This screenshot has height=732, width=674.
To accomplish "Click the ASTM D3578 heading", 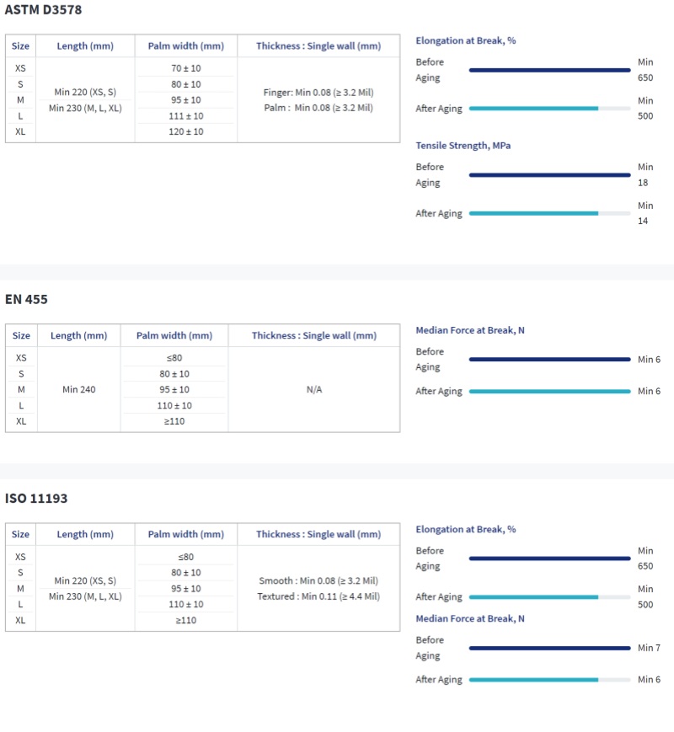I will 44,10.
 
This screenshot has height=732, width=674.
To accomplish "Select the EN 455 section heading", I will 27,299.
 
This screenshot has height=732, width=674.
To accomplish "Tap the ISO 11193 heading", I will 36,498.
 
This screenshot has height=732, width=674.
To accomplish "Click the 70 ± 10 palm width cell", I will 186,67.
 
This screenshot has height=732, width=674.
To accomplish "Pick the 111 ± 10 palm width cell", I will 186,115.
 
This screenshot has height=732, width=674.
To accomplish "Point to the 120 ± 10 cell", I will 186,131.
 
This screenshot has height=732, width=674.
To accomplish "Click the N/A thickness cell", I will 313,389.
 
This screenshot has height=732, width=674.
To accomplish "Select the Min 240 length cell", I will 79,389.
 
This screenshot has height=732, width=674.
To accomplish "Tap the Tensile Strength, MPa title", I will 463,146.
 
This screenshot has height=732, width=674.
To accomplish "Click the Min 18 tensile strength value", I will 645,174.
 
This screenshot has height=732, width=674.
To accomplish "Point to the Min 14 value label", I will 645,213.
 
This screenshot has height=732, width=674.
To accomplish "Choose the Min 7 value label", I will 649,648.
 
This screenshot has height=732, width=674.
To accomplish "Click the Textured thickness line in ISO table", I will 318,596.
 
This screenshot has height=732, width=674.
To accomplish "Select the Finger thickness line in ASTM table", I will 318,92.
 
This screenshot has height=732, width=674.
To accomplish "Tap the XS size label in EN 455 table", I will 21,358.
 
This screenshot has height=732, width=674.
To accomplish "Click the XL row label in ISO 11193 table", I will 21,620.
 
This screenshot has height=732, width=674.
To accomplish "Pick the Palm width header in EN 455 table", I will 174,335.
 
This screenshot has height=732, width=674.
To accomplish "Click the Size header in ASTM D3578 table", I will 21,45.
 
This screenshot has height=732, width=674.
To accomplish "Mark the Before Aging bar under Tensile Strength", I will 549,175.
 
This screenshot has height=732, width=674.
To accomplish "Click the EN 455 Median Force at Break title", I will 470,330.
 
